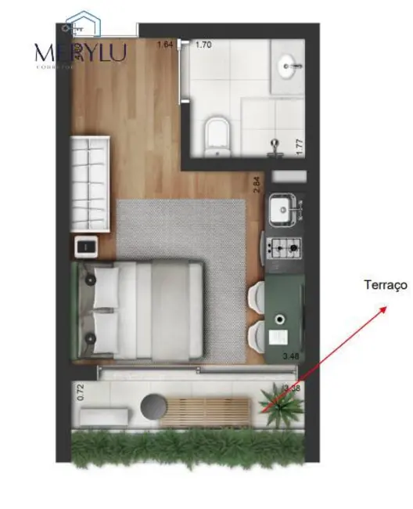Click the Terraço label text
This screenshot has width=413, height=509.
[x=385, y=286]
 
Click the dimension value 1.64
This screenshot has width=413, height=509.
[x=164, y=45]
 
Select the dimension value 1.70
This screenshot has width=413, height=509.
[x=203, y=45]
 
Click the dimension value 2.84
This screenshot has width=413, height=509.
[x=256, y=184]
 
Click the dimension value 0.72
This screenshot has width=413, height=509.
[x=80, y=392]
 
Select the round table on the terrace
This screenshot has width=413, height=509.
[x=153, y=407]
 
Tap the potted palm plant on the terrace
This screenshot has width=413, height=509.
[x=280, y=406]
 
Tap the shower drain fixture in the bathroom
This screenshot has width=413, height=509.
[x=275, y=144]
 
